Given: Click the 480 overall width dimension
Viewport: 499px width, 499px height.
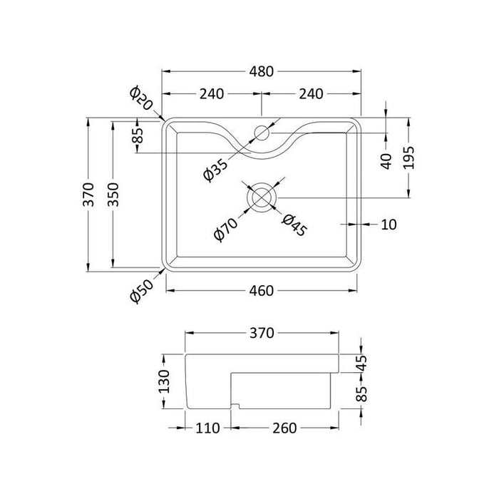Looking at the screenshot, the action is click(262, 71).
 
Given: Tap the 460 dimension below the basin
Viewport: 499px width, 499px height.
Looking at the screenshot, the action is click(262, 291).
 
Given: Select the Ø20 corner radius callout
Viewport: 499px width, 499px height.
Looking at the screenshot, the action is click(141, 98).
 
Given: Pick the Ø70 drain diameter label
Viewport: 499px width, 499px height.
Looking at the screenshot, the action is click(226, 229).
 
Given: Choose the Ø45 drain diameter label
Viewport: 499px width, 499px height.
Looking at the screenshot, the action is click(294, 226).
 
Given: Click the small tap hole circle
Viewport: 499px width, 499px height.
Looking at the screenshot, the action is click(262, 133).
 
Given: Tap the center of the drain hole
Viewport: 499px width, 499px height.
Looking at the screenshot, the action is click(262, 197).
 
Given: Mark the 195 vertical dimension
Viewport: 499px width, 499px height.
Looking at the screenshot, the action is click(408, 158).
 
